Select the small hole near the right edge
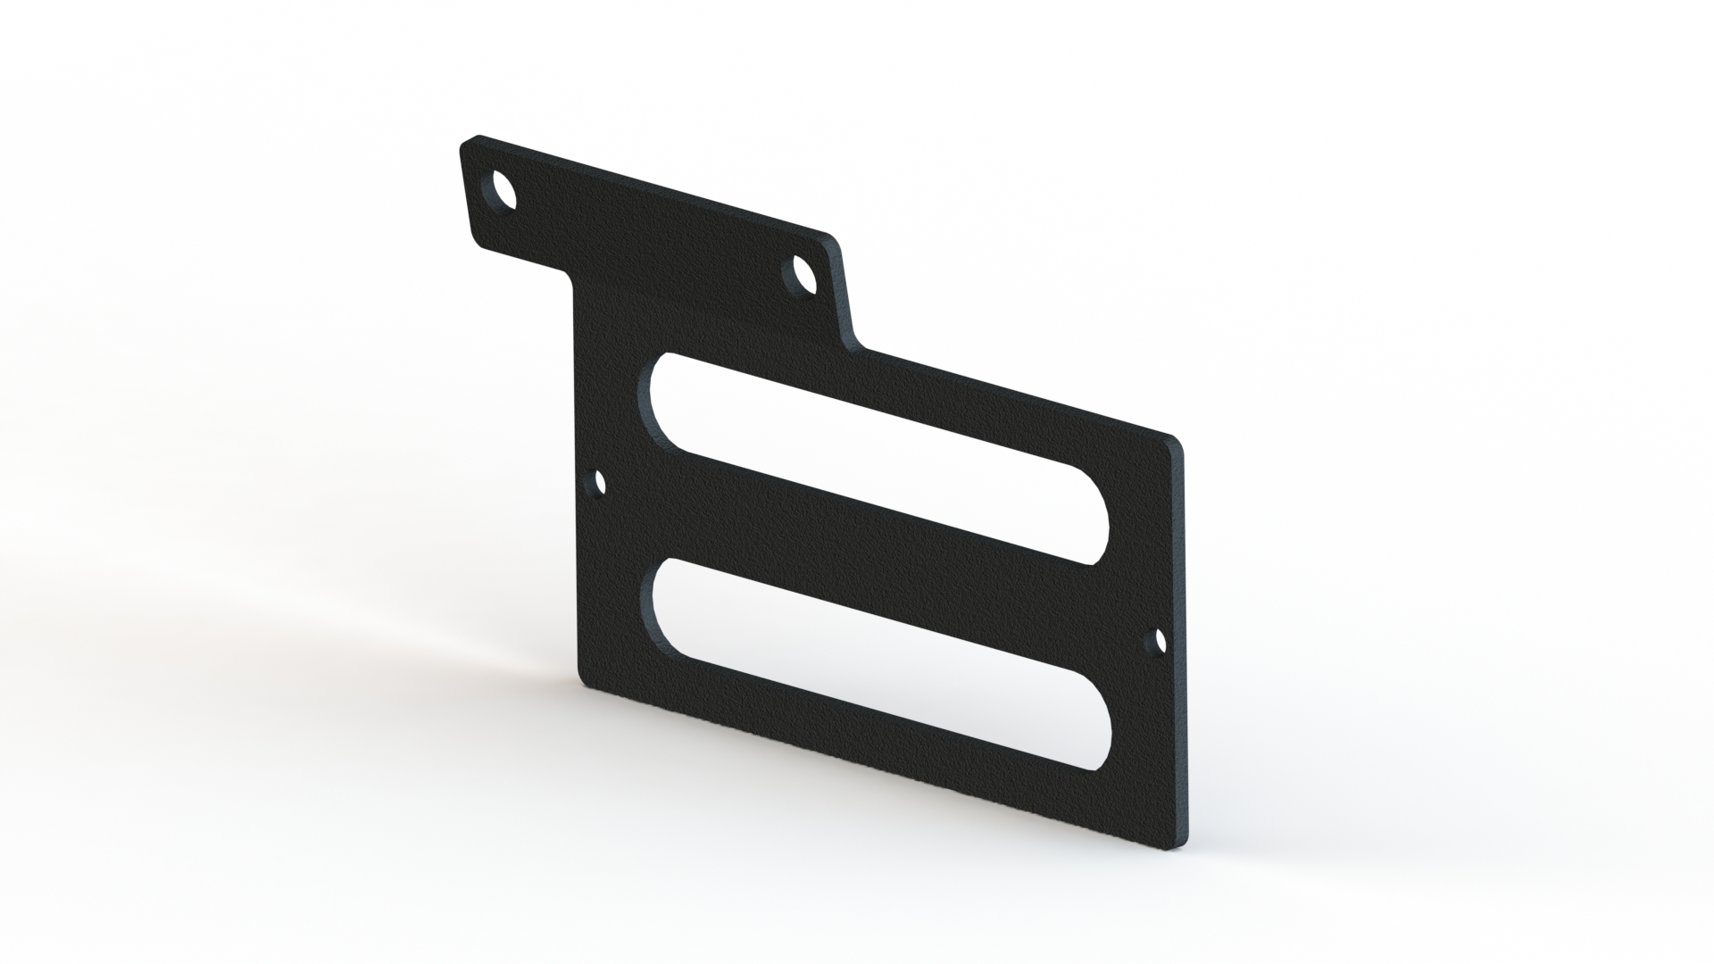pyautogui.click(x=1161, y=640)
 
